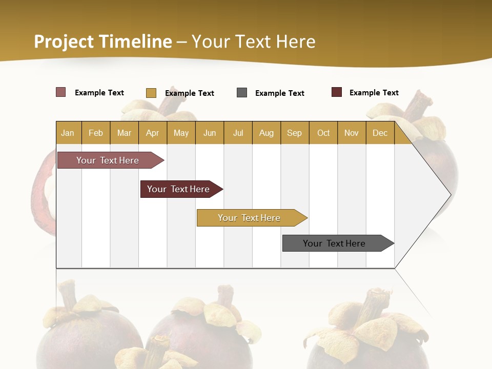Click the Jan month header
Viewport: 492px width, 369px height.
pos(68,133)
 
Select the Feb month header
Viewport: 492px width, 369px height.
pos(96,133)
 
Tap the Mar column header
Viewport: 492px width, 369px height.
pos(124,133)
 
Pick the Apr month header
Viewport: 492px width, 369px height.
pos(153,133)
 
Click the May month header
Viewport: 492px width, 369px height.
pos(181,133)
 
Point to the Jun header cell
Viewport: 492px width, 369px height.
pos(210,133)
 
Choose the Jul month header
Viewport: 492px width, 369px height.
pos(238,133)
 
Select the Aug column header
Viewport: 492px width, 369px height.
pos(266,133)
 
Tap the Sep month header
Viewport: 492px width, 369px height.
pos(295,133)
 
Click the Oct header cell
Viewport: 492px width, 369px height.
pos(323,133)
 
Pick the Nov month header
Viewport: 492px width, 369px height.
pos(352,133)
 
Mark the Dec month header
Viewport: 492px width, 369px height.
pos(380,133)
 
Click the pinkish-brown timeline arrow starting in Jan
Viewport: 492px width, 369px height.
pos(108,160)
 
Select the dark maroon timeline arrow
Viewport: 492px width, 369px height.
pos(179,189)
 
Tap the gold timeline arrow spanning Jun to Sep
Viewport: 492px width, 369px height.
pos(250,218)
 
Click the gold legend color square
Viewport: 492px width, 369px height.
pos(151,93)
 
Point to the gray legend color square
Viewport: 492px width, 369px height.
pos(242,93)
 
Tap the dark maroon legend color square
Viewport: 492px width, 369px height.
pos(337,92)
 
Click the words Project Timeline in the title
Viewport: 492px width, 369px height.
pos(103,42)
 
